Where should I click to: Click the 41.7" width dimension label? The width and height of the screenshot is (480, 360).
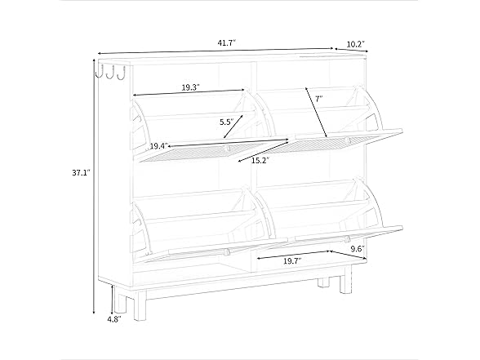click(227, 42)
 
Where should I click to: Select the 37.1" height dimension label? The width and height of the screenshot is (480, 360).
click(81, 173)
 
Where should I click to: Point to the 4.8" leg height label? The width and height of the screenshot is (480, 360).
click(114, 319)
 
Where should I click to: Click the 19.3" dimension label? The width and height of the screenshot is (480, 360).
click(191, 87)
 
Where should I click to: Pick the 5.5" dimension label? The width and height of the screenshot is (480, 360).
click(227, 122)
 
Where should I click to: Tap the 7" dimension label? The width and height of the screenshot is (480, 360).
click(319, 99)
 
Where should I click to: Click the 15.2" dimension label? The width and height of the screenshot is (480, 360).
click(260, 160)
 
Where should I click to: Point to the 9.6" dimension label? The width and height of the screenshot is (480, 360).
click(358, 249)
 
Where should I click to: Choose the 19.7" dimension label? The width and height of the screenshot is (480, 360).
click(292, 261)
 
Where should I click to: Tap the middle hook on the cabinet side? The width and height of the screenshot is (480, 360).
click(110, 72)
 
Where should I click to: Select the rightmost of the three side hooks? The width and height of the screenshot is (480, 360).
click(122, 72)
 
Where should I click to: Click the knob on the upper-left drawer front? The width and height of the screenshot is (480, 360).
click(228, 149)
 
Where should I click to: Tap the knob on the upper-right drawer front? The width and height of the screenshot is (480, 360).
click(348, 140)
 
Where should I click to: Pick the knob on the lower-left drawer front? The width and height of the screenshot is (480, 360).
click(227, 252)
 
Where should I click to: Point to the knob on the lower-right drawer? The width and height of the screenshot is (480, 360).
click(347, 238)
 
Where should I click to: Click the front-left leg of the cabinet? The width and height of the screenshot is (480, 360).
click(140, 304)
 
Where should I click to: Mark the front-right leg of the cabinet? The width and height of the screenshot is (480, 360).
click(345, 280)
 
